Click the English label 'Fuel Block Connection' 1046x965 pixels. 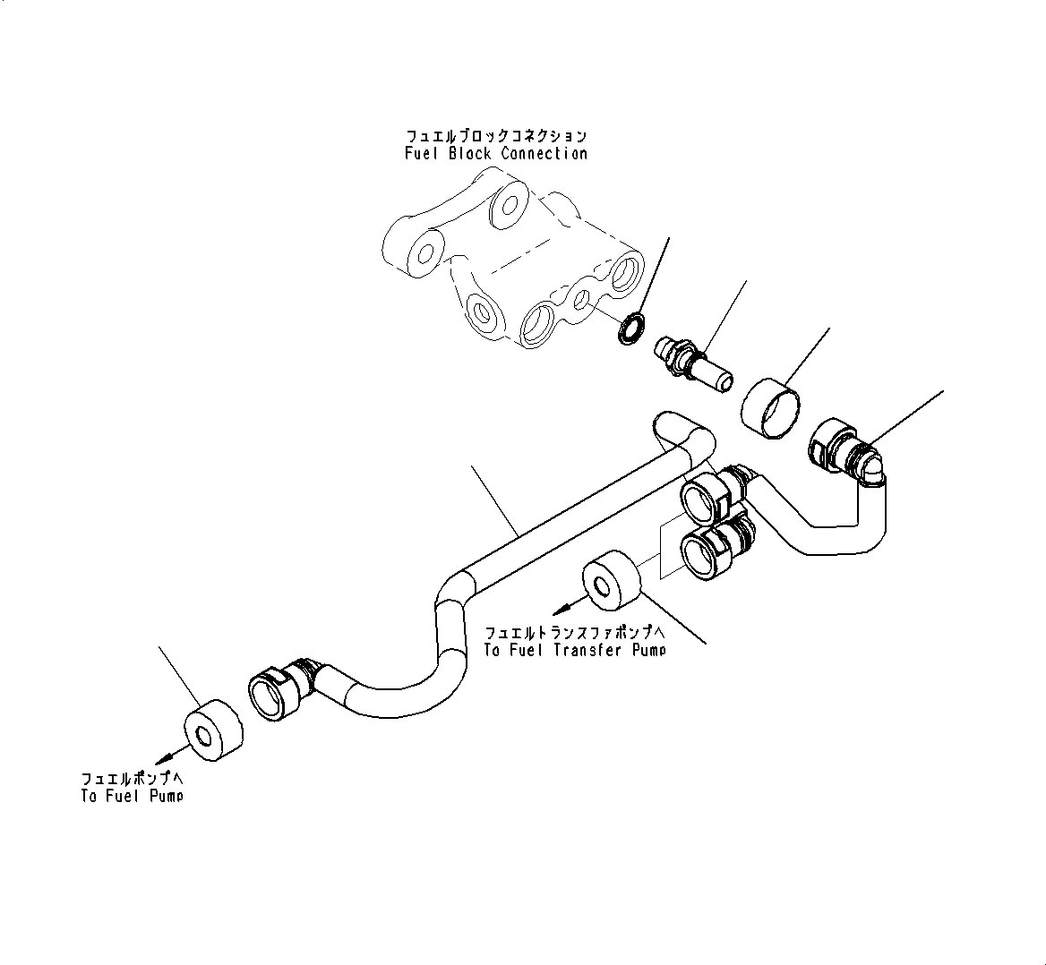pos(495,153)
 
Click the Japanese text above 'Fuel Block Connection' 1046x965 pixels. pos(496,136)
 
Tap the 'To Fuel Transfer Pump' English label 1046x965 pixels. pos(574,650)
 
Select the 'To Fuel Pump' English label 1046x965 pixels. pos(132,795)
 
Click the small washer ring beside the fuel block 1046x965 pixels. pos(631,327)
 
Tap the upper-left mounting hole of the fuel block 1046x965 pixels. pos(426,248)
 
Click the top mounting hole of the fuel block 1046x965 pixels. pos(508,204)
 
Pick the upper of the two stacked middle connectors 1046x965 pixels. pos(713,497)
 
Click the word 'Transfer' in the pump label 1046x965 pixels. pos(588,650)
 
